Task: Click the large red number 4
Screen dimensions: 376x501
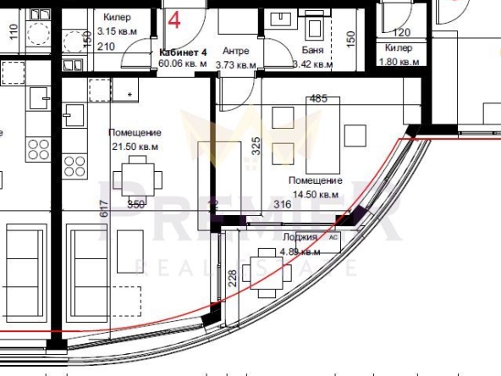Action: (173, 19)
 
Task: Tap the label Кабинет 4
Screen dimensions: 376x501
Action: (182, 52)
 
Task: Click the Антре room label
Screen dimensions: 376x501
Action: (234, 52)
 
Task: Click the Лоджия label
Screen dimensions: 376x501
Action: (300, 238)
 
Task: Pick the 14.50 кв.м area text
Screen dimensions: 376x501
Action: (315, 194)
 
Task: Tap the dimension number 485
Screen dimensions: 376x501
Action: (318, 99)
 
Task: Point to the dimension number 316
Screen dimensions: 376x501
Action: (284, 204)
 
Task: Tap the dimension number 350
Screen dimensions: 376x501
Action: (136, 204)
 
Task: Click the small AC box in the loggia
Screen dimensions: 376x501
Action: (333, 238)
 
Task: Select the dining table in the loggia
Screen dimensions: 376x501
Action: (261, 274)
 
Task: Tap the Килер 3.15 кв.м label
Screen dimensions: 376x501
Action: (117, 25)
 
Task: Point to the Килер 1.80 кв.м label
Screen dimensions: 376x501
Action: (398, 55)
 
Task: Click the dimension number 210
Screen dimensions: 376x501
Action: (106, 47)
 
